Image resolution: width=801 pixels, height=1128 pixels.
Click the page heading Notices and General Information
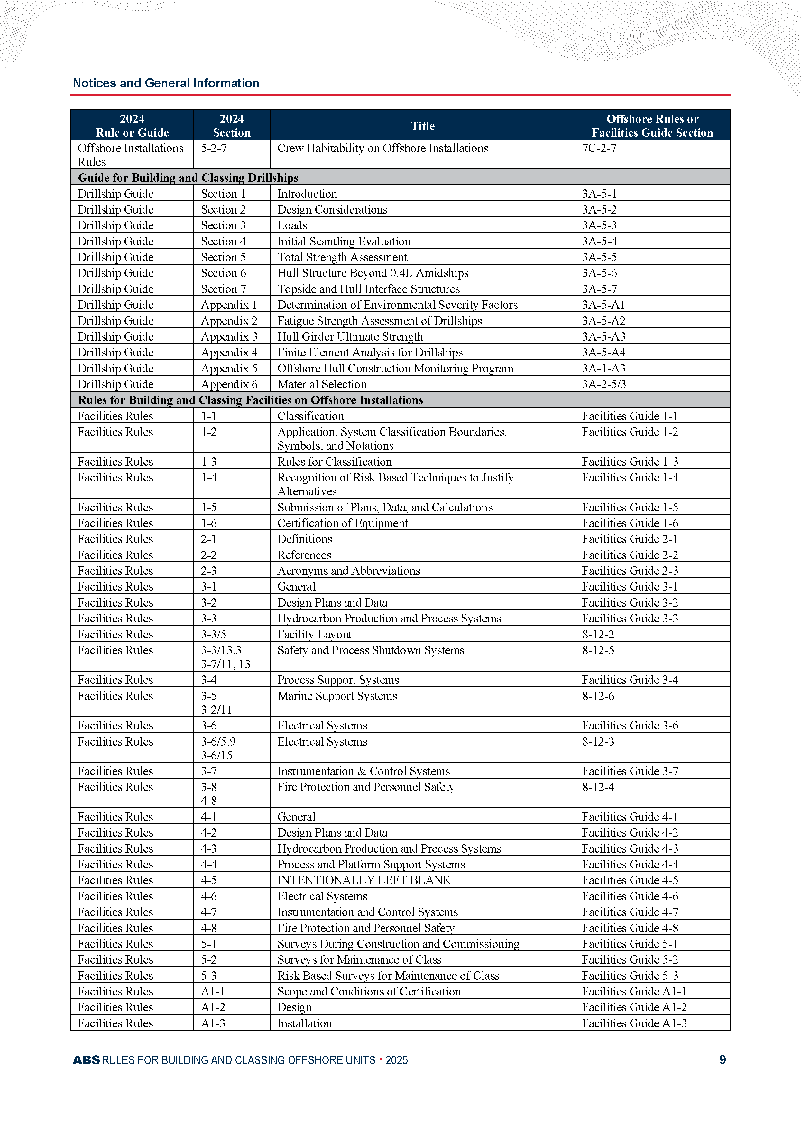[166, 83]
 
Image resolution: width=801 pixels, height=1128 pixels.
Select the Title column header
[423, 126]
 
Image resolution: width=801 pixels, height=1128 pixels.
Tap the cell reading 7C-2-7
[599, 148]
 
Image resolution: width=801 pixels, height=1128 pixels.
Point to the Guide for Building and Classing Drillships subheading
[188, 178]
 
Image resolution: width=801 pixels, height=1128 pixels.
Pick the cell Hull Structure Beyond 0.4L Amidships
[373, 273]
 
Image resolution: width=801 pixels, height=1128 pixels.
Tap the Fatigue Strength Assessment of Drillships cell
[379, 321]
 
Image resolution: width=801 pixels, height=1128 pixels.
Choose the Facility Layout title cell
[314, 635]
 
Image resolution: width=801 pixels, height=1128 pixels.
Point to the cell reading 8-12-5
[598, 650]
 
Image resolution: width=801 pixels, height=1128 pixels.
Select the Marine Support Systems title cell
[337, 696]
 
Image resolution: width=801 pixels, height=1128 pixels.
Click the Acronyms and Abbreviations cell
[349, 571]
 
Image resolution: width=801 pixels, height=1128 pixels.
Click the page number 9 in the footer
[722, 1059]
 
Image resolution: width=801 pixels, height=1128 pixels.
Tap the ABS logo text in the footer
[86, 1060]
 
